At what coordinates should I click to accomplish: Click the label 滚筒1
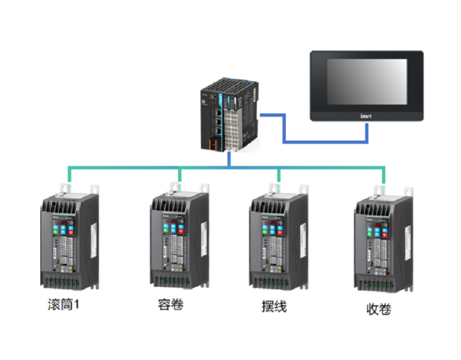63,305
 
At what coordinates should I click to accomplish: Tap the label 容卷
171,305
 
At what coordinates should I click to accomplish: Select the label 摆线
274,306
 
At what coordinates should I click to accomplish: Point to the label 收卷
379,309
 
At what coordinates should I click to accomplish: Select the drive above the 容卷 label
177,239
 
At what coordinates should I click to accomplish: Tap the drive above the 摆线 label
277,239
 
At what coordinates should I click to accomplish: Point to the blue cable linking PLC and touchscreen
323,141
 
